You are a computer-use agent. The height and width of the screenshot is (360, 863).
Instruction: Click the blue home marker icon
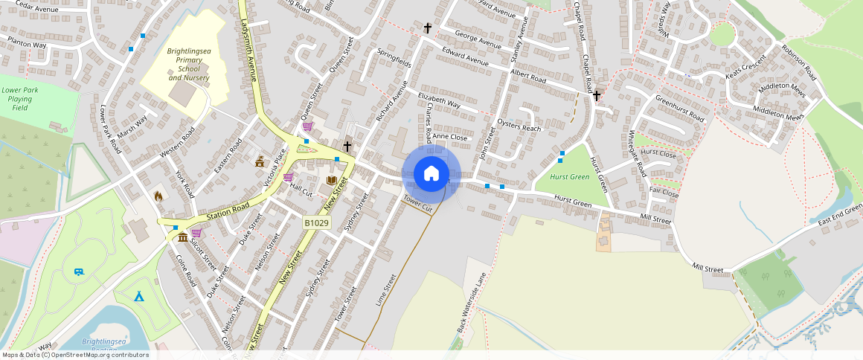[431, 173]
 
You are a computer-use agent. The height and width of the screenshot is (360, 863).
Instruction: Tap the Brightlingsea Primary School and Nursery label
[188, 64]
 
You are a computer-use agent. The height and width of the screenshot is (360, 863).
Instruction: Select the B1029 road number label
[316, 222]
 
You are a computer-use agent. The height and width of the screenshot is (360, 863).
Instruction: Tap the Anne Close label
[449, 137]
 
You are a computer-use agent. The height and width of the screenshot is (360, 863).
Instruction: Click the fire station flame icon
[158, 196]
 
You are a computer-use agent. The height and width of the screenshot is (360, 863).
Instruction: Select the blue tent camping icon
[139, 296]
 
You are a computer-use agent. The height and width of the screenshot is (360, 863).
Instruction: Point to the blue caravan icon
[80, 271]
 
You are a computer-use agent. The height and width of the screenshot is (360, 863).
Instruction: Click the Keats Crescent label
[745, 68]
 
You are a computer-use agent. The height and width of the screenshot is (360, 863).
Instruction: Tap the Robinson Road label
[799, 62]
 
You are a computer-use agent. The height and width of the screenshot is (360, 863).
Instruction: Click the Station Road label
[227, 210]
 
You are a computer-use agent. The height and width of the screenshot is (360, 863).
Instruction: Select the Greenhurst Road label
[678, 109]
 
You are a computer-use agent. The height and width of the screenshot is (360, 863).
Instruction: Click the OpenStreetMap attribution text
[75, 355]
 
